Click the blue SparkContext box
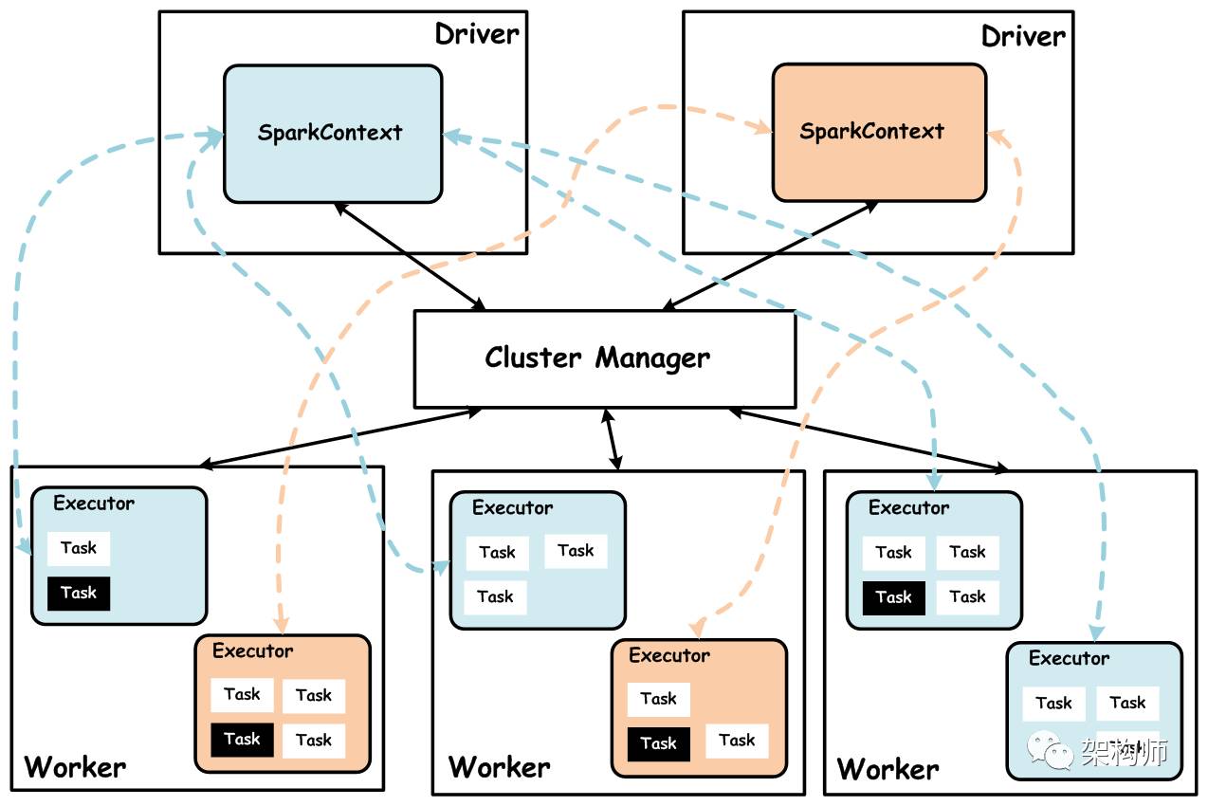click(x=333, y=133)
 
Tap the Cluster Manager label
click(x=597, y=357)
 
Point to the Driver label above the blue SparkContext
click(x=477, y=34)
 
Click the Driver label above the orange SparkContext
click(x=1023, y=36)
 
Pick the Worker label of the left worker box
click(x=75, y=766)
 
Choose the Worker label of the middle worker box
click(x=499, y=766)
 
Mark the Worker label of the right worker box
click(x=888, y=767)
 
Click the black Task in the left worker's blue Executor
click(x=79, y=593)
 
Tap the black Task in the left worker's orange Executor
click(x=242, y=740)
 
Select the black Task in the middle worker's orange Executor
click(x=658, y=743)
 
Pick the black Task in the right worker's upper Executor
click(x=893, y=597)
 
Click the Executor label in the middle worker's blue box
click(x=512, y=508)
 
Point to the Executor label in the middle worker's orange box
click(x=669, y=655)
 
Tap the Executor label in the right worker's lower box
click(x=1069, y=658)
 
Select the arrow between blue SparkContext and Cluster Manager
click(x=410, y=255)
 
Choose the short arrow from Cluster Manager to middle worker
click(x=612, y=439)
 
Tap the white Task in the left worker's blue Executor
click(x=79, y=548)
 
